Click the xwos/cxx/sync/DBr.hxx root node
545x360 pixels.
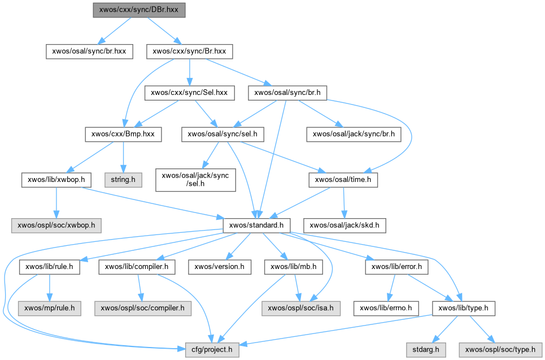[x=138, y=10]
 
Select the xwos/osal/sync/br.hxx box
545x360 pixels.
[x=89, y=51]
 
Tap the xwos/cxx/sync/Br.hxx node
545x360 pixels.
[x=189, y=51]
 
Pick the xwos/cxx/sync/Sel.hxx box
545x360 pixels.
[x=189, y=93]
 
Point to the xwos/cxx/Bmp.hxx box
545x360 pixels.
[x=123, y=134]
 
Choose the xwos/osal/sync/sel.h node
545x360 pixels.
[x=223, y=134]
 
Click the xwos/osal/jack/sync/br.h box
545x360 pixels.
[x=353, y=134]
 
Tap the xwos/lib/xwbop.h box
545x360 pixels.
[x=56, y=180]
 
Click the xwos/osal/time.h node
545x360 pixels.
[x=343, y=180]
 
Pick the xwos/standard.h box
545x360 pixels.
[x=257, y=225]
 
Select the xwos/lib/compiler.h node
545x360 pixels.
[x=137, y=266]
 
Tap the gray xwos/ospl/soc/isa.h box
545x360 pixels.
[x=300, y=309]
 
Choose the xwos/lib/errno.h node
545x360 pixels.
[x=386, y=309]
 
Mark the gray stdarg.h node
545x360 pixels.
[x=426, y=350]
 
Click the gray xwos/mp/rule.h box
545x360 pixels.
[x=49, y=309]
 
